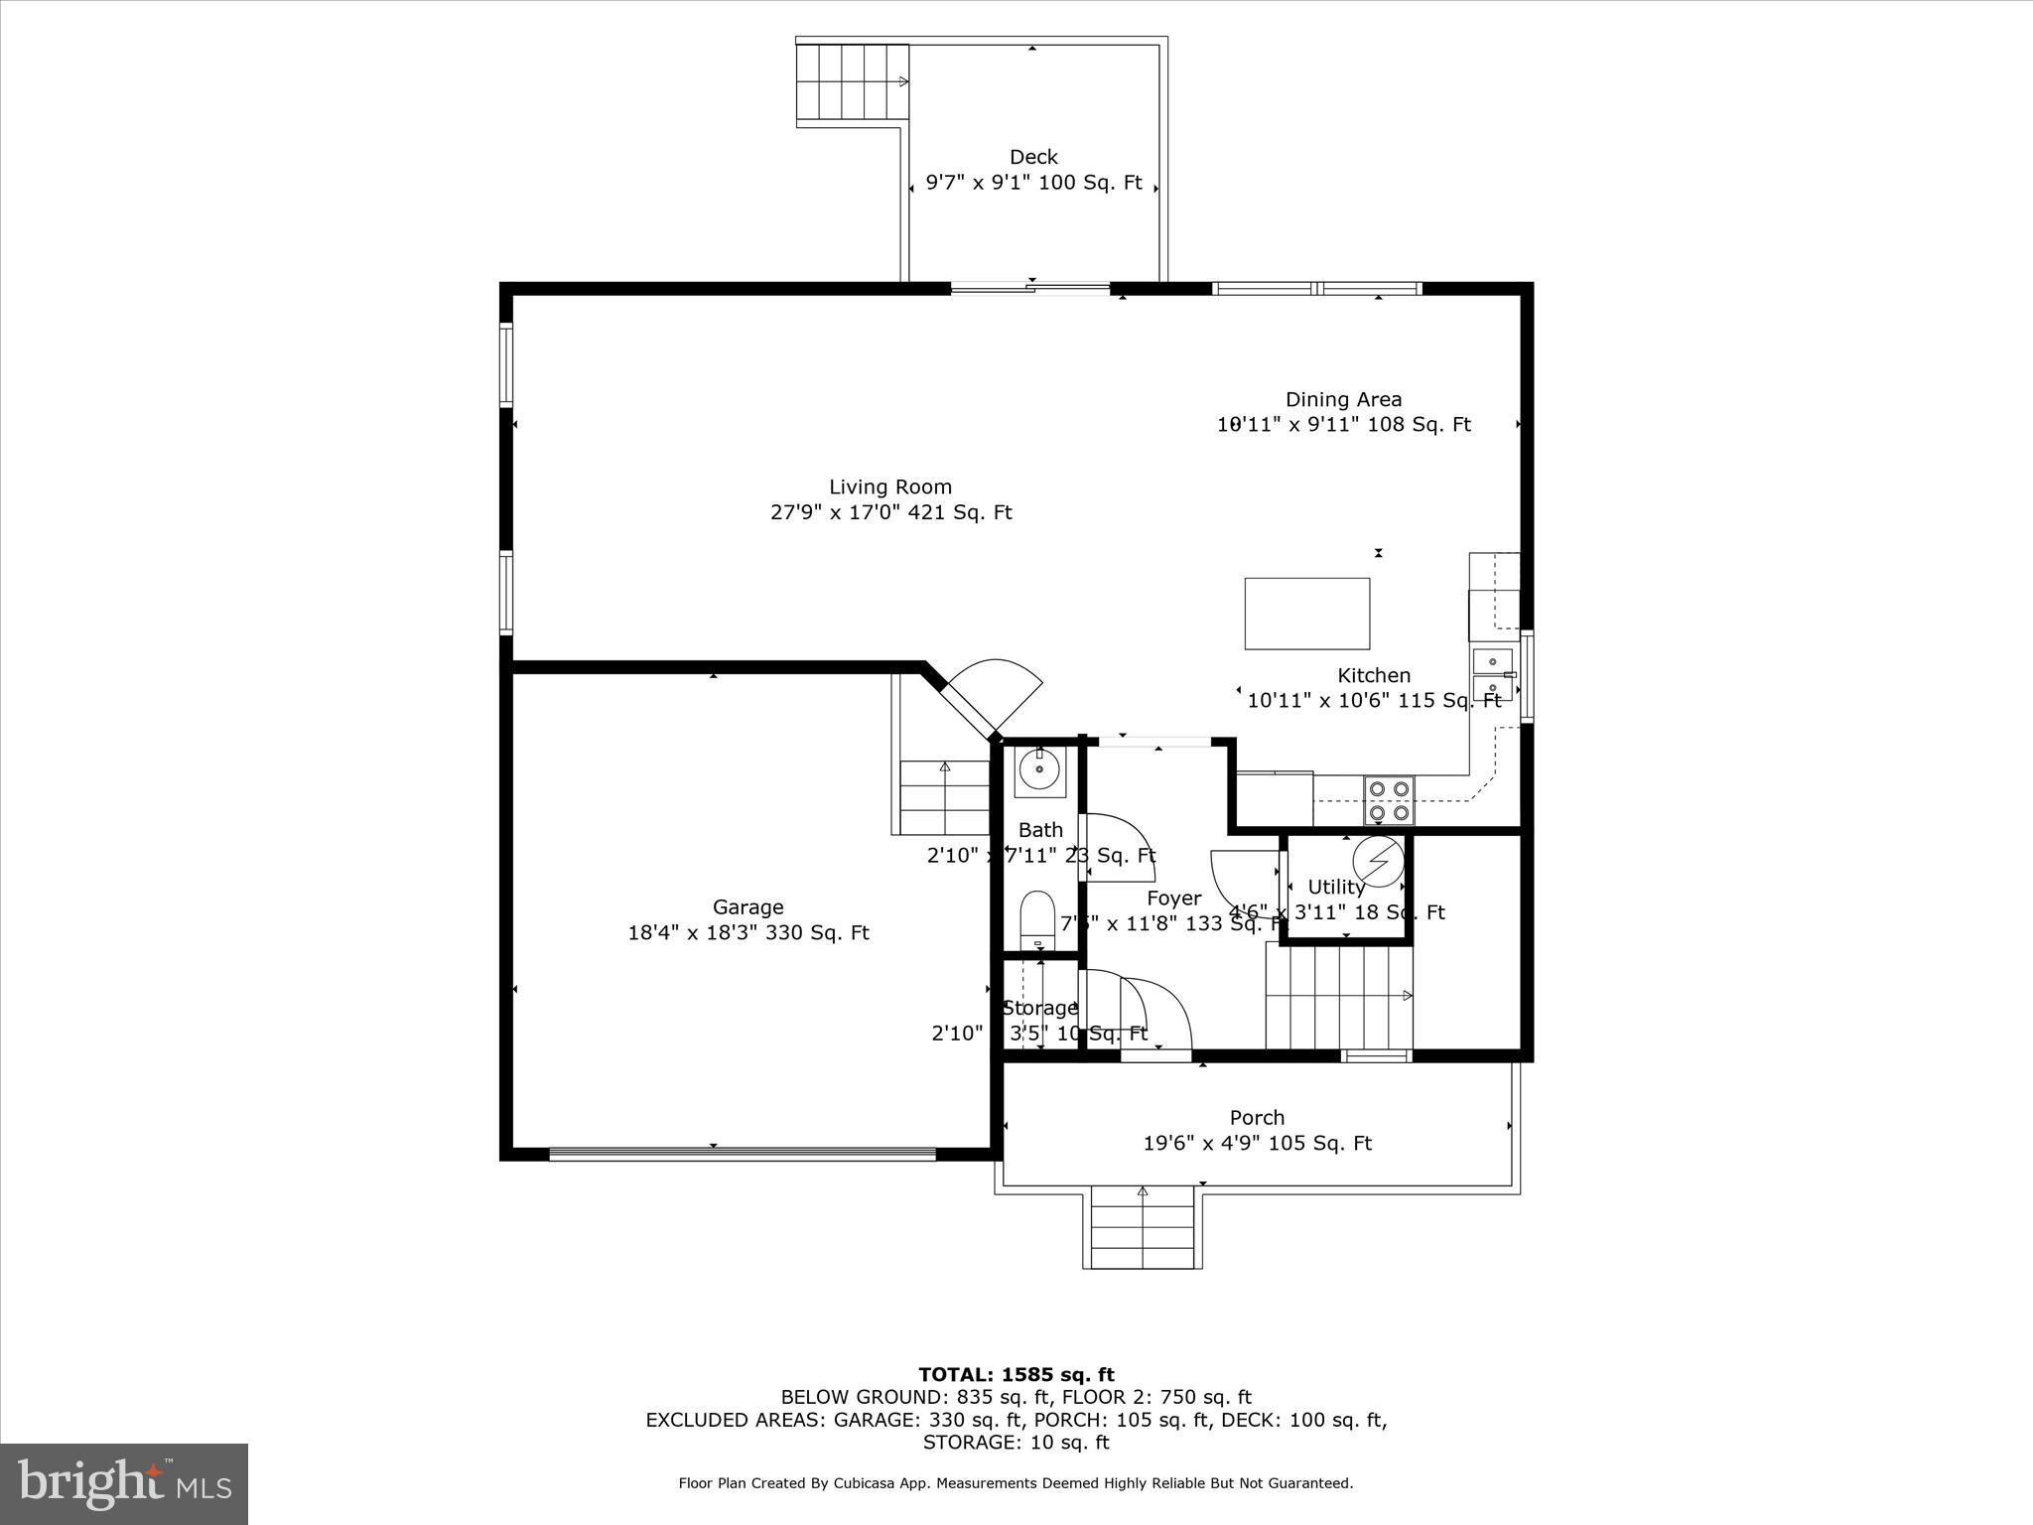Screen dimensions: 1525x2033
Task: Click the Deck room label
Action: [1033, 157]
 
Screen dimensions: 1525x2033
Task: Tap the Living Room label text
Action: [890, 486]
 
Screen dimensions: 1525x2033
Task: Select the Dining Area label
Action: [1343, 399]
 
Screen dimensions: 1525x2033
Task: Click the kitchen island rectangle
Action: [1306, 614]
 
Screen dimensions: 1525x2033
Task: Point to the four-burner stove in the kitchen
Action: [1389, 800]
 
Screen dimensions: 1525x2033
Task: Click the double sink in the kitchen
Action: [1492, 674]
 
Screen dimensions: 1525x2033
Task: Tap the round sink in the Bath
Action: [1039, 771]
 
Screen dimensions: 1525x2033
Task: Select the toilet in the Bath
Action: [1037, 914]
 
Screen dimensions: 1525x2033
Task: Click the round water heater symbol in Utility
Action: [1377, 861]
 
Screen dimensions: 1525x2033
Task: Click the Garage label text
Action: [747, 906]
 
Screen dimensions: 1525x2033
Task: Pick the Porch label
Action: [1257, 1117]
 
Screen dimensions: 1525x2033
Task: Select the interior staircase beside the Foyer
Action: [1338, 996]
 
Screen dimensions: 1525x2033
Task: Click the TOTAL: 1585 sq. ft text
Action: [1016, 1374]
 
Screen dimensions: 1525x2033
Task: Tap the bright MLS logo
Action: [124, 1483]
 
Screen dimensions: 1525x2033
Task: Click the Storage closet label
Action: [1039, 1008]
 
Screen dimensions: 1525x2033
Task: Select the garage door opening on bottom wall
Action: [742, 1154]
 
